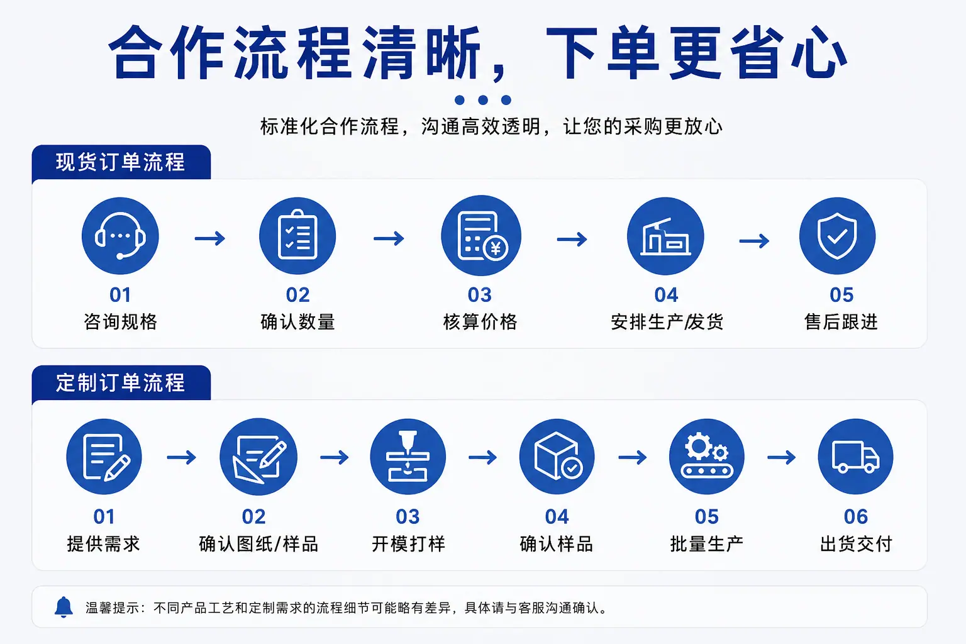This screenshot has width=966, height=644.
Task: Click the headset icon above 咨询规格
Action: tap(120, 236)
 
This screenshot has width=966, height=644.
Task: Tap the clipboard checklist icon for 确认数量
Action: tap(297, 236)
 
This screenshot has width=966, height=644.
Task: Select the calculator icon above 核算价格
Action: tap(481, 235)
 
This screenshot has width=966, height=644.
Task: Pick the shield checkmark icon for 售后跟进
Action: tap(838, 236)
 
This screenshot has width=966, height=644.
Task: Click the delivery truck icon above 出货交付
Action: tap(855, 457)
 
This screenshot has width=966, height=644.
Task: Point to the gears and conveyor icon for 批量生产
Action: tap(706, 457)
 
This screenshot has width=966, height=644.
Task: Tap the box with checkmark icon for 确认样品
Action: tap(557, 457)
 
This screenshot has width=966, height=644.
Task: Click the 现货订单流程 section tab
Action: tap(121, 162)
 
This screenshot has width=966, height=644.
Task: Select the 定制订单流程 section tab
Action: tap(121, 382)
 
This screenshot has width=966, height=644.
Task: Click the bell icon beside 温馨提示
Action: tap(64, 608)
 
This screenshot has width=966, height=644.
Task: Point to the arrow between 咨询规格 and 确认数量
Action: tap(210, 238)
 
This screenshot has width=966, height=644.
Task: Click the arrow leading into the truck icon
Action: tap(782, 457)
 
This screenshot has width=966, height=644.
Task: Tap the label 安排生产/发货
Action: tap(667, 322)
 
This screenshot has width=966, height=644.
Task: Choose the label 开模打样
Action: tap(408, 543)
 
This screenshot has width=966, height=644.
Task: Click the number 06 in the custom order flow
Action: tap(855, 516)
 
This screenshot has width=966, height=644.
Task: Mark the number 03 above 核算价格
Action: tap(480, 295)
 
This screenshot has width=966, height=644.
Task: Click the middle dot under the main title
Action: tap(483, 100)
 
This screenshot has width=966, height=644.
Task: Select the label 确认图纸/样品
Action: tap(258, 543)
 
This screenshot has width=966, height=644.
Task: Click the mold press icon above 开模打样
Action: tap(408, 457)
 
